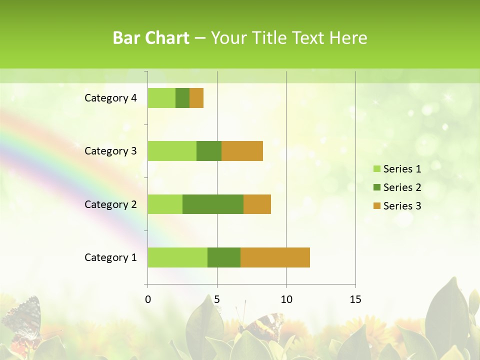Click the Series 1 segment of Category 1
177,257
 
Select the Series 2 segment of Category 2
213,204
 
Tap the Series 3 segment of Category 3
242,151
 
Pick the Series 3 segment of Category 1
275,257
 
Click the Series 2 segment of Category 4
182,98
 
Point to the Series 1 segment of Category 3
172,151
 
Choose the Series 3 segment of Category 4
196,98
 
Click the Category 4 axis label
110,98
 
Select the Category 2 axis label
110,204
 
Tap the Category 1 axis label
110,257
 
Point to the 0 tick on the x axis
148,299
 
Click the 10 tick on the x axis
286,299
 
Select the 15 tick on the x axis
355,299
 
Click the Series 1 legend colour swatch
376,169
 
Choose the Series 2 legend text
402,187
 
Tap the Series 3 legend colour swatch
376,206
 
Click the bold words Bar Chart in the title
151,38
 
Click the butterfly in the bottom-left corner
22,320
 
